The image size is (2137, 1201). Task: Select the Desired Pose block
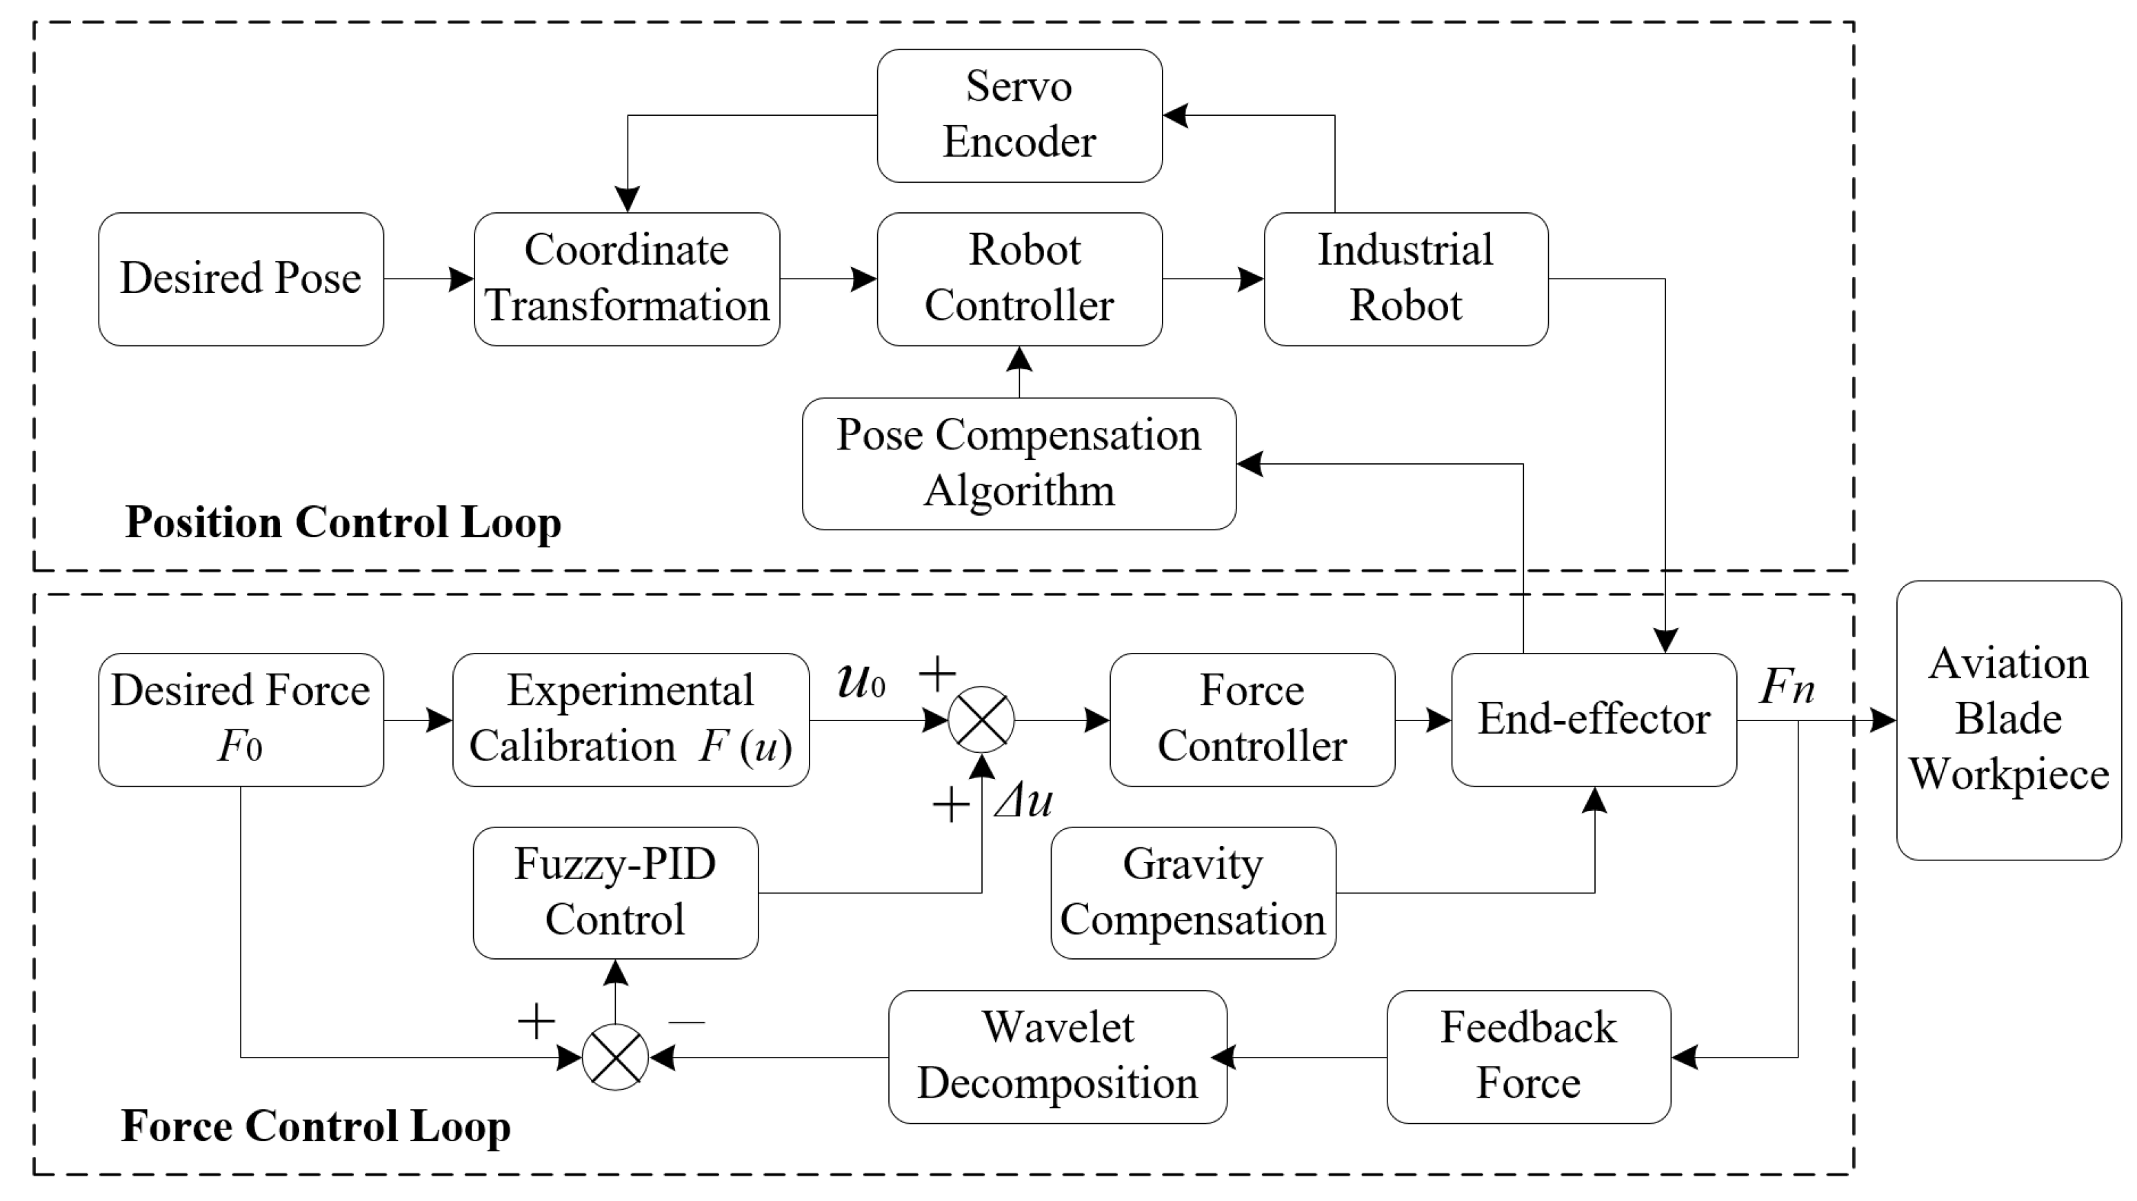tap(241, 279)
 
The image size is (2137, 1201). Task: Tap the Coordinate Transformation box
tap(626, 279)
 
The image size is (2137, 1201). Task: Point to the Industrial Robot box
tap(1405, 279)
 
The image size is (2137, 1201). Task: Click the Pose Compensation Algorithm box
tap(1019, 463)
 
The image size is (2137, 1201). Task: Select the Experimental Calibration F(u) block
tap(630, 719)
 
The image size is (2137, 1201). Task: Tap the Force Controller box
tap(1252, 719)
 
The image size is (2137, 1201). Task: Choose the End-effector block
tap(1593, 719)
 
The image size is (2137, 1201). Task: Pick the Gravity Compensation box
tap(1193, 892)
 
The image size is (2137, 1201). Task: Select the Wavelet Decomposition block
tap(1057, 1057)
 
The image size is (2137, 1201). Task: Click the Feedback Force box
tap(1528, 1057)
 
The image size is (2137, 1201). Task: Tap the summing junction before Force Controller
tap(981, 719)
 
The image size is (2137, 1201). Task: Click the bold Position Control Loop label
tap(343, 523)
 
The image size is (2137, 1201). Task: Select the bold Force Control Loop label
tap(315, 1127)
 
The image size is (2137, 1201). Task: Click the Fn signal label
tap(1787, 687)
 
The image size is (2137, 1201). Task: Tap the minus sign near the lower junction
tap(687, 1022)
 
